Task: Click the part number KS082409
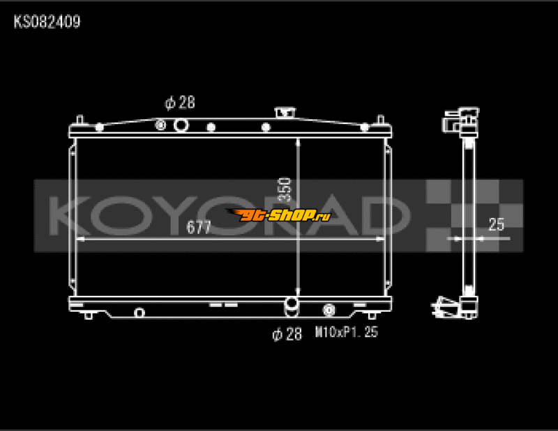47,22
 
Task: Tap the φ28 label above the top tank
180,102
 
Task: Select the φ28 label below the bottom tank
287,334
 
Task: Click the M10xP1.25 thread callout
347,333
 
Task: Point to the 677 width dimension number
199,228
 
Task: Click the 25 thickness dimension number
496,224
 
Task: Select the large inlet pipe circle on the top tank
181,125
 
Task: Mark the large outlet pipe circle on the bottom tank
292,304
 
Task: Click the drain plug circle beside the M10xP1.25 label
328,311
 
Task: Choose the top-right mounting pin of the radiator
380,120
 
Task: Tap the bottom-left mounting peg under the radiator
89,315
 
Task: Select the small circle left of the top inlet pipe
161,125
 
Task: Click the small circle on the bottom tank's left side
139,312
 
